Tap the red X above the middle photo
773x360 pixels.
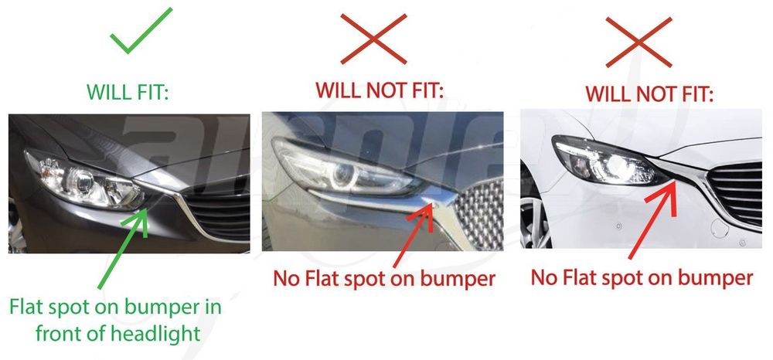tap(373, 39)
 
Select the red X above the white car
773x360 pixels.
tap(639, 42)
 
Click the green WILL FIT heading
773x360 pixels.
tap(128, 92)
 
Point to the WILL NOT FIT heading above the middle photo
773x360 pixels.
tap(380, 90)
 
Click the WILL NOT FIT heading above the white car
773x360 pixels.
tap(649, 93)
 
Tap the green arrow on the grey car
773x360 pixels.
tap(123, 248)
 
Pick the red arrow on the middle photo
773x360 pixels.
tap(414, 235)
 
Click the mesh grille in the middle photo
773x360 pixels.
tap(478, 214)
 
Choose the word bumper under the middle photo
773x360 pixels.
tap(457, 279)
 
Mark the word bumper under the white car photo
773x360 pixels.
tap(716, 278)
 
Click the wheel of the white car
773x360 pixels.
tap(534, 222)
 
